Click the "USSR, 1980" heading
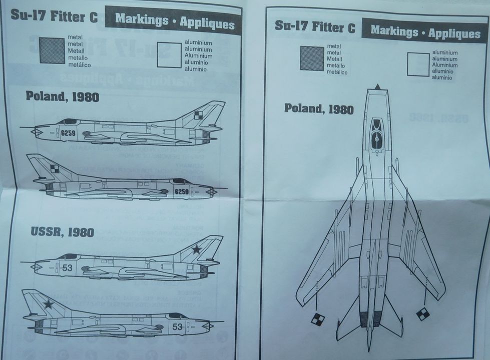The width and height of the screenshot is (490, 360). click(x=62, y=231)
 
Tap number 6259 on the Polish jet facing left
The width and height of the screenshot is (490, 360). click(x=68, y=133)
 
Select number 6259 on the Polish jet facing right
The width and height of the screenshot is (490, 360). click(x=181, y=191)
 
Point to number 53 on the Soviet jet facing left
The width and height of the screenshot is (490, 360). click(x=67, y=268)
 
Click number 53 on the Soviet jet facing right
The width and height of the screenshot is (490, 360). click(x=177, y=326)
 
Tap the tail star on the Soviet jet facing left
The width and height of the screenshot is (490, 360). click(x=197, y=248)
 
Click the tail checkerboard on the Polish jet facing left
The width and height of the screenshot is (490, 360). click(x=199, y=115)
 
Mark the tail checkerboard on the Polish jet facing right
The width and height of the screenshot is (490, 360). click(x=54, y=169)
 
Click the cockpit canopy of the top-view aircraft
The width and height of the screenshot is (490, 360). click(x=376, y=133)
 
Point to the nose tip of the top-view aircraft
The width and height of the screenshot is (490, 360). click(x=377, y=87)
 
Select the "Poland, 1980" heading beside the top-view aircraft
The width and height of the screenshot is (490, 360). click(x=319, y=108)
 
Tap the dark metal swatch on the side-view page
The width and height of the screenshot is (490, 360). click(x=52, y=50)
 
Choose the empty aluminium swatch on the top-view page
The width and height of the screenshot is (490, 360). click(x=418, y=64)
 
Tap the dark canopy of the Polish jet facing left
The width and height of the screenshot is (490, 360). click(x=68, y=121)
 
